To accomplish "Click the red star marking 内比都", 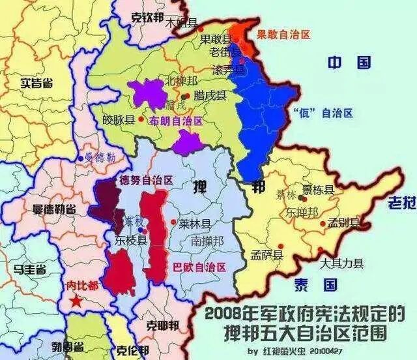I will click(x=76, y=301).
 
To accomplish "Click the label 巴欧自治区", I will click(x=199, y=267).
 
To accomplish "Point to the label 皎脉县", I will click(x=119, y=119).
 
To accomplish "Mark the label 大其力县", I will click(x=342, y=263).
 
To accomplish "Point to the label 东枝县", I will click(x=130, y=240).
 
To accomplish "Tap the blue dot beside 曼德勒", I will click(x=81, y=157).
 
